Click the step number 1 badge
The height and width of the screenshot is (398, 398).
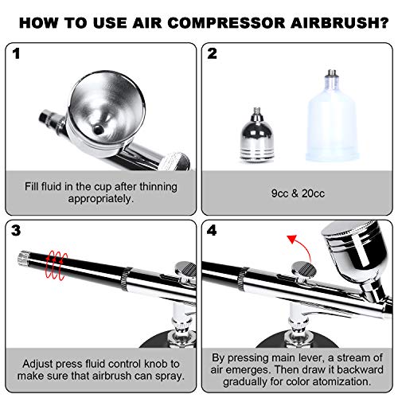point(18,55)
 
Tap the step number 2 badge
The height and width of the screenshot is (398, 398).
point(212,55)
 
